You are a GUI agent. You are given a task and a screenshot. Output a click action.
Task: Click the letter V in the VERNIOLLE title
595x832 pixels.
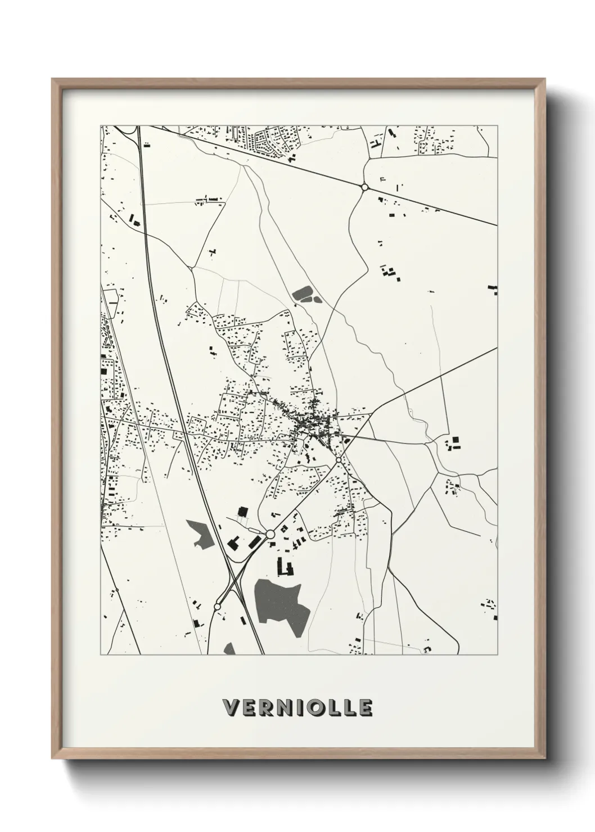coord(231,708)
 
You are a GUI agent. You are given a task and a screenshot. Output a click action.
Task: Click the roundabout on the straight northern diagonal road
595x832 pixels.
coord(364,187)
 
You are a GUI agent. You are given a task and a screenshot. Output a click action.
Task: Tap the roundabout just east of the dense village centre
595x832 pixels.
coord(339,460)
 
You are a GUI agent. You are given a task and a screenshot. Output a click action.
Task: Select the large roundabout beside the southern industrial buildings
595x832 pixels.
coord(270,533)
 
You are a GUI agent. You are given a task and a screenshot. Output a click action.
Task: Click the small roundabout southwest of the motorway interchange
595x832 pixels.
coord(217,607)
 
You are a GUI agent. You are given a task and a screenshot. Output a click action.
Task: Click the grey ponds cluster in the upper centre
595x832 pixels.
coord(304,294)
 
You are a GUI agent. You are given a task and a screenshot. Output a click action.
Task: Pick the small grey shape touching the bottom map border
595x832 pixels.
coord(229,649)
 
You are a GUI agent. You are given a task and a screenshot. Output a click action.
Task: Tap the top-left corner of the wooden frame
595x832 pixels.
coord(53,79)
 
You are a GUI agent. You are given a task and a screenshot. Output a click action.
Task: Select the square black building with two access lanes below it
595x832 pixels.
coord(242,512)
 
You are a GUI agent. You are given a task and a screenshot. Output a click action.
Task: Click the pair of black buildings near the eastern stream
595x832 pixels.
coord(454,444)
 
